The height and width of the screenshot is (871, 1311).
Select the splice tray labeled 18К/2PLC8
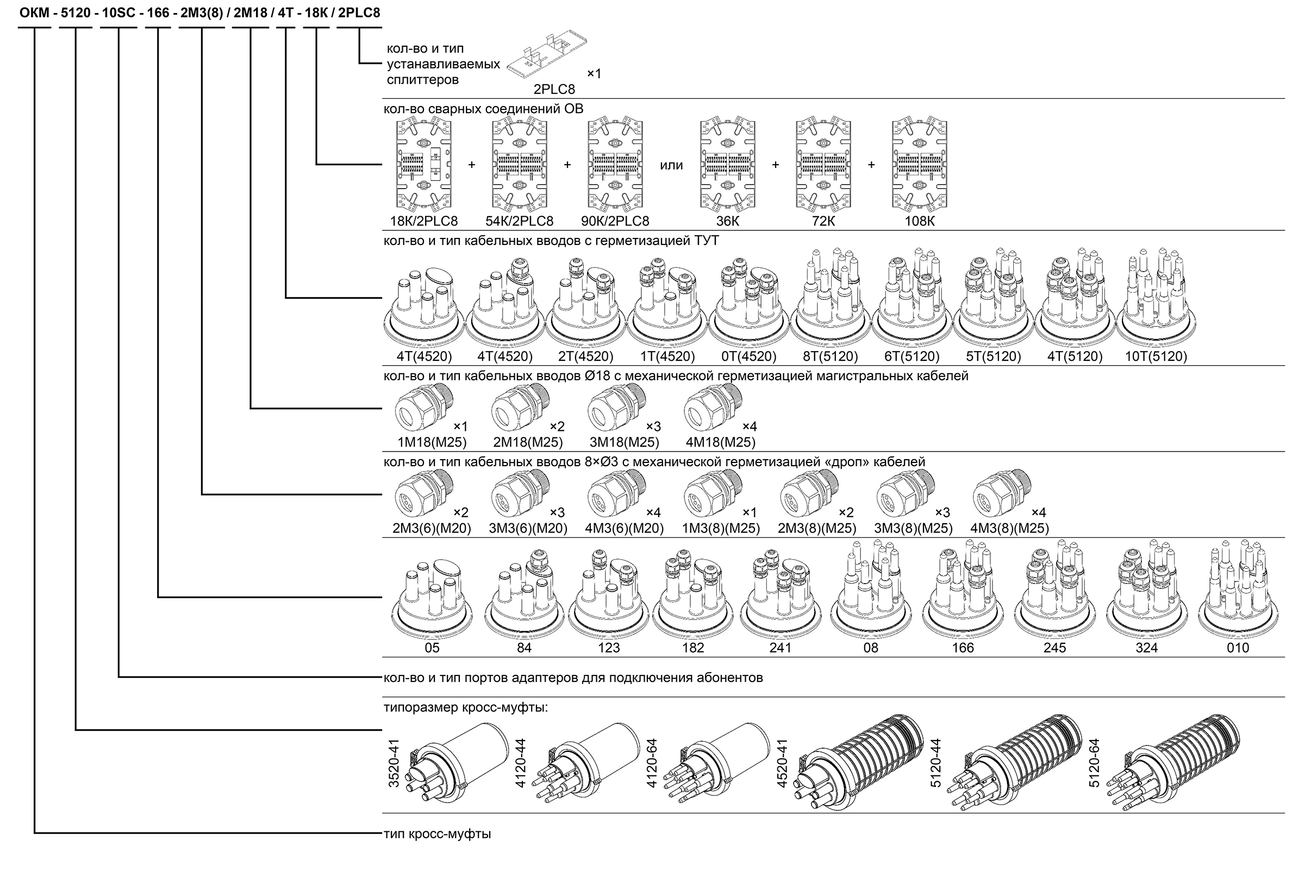point(423,165)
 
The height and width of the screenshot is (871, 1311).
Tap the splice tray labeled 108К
point(919,165)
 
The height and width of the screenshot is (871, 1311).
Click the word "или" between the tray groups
point(671,166)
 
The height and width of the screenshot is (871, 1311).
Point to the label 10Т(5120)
point(1156,356)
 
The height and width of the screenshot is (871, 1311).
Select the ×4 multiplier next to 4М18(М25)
point(750,427)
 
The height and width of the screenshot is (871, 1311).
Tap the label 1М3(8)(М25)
point(721,528)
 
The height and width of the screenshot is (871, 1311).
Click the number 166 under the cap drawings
point(962,648)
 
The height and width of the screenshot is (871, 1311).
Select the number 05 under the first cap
point(432,648)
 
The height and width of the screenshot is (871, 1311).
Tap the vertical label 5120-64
point(1094,762)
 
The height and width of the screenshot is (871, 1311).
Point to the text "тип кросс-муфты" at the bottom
point(437,834)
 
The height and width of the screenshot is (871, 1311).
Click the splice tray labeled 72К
point(823,165)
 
